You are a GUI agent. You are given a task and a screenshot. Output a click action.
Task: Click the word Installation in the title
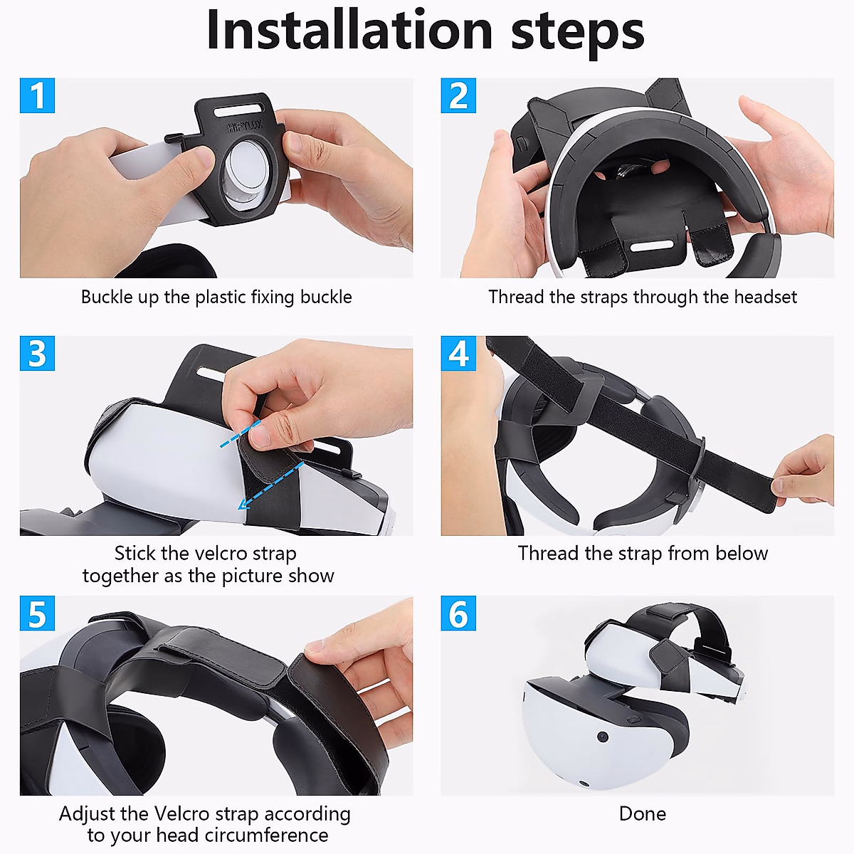point(349,31)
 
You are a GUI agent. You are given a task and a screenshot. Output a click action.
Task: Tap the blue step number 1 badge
point(37,95)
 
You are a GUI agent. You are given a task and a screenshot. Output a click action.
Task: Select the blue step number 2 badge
point(458,95)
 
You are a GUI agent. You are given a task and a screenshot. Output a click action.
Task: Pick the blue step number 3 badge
point(37,354)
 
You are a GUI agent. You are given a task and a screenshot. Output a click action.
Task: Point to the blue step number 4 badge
point(458,354)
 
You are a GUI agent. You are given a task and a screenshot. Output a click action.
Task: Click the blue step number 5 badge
point(37,613)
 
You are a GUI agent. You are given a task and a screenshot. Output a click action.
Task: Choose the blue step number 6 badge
point(458,613)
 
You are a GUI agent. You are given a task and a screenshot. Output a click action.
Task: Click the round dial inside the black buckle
point(246,172)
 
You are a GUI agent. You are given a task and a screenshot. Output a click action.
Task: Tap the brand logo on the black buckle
point(245,127)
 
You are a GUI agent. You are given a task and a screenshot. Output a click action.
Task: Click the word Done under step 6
point(642,813)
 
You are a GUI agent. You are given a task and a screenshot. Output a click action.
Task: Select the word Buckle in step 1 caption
point(107,297)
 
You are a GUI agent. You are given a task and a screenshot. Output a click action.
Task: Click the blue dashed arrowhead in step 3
point(244,505)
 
